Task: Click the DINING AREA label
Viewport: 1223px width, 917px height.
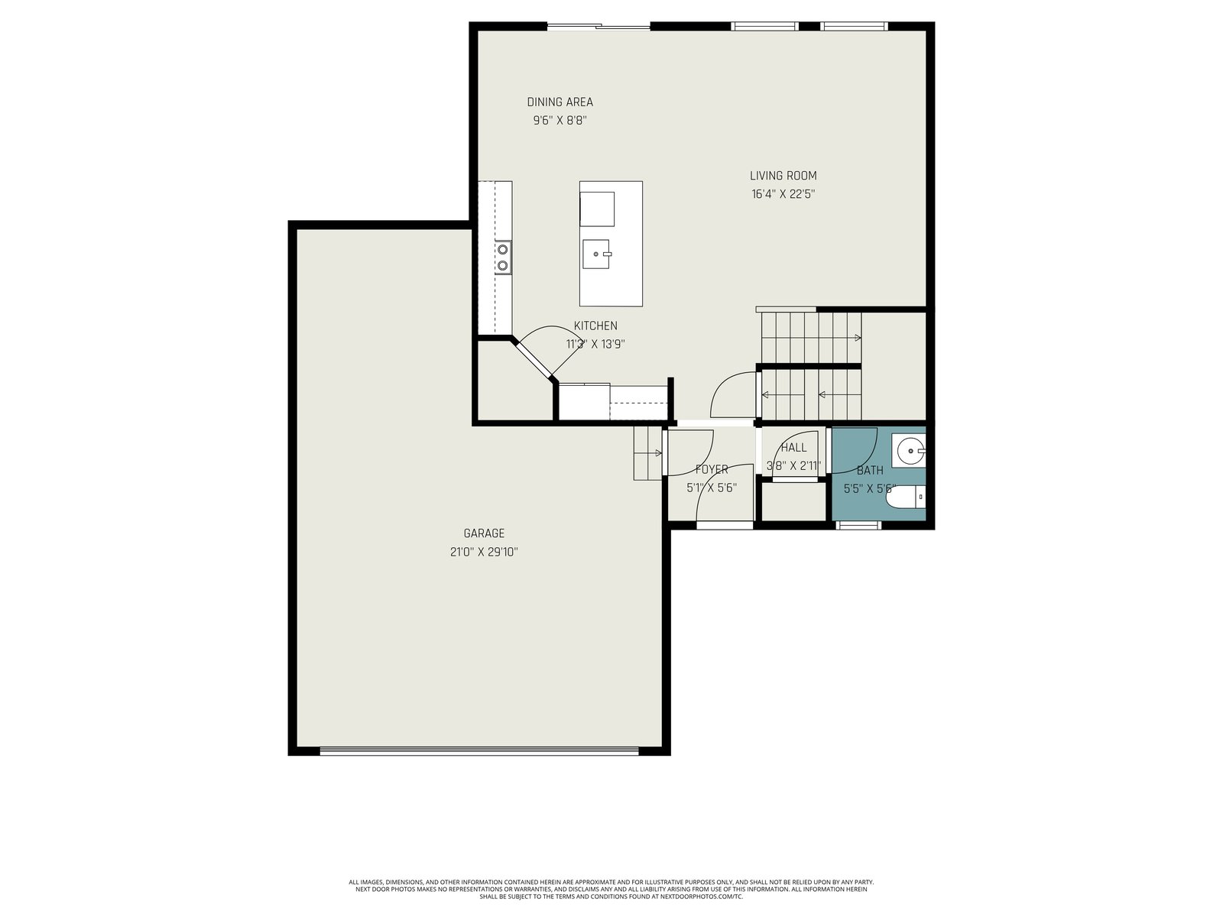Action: coord(560,102)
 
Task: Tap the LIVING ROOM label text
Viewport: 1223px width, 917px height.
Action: coord(783,176)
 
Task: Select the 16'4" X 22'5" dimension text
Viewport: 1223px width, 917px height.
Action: coord(783,194)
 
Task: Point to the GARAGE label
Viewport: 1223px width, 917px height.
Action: coord(484,533)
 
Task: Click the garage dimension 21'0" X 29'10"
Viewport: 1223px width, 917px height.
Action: coord(484,552)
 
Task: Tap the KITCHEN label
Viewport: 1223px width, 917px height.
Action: coord(595,326)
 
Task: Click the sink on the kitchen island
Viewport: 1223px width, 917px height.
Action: coord(596,254)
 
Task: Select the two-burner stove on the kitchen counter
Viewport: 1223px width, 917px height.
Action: coord(502,258)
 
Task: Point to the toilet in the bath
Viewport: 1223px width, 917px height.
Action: coord(906,497)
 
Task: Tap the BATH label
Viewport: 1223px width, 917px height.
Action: coord(870,471)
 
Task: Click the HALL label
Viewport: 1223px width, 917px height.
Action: coord(793,448)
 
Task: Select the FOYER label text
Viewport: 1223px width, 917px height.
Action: coord(712,469)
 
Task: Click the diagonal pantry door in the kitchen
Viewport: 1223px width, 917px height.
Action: coord(534,360)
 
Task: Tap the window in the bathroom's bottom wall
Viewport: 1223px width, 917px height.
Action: coord(858,524)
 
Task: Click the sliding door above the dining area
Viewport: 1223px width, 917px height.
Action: coord(599,26)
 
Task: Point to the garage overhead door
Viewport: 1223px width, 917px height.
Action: coord(479,750)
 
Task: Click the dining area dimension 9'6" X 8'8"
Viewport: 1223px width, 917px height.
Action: coord(560,120)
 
